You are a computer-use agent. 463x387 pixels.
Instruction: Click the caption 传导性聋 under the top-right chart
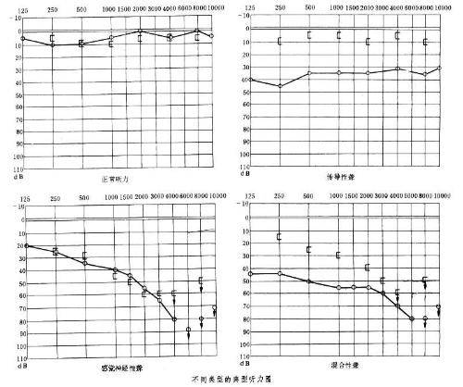point(343,177)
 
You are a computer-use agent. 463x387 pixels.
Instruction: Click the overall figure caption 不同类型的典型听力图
point(229,381)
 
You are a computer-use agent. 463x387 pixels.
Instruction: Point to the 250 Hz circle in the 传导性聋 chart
point(281,86)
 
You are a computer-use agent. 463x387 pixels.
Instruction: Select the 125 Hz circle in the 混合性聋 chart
point(250,274)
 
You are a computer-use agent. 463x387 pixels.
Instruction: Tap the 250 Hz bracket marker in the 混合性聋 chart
point(280,237)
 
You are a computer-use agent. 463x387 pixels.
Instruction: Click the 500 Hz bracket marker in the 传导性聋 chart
point(309,35)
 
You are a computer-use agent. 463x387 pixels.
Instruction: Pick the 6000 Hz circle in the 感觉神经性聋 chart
point(189,330)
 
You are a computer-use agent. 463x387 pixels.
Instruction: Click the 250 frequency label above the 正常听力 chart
point(54,7)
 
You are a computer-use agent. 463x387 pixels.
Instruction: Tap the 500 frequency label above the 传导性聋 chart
point(308,7)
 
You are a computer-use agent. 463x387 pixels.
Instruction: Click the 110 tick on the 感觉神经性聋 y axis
point(17,357)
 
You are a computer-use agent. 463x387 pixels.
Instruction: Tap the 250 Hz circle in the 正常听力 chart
point(54,44)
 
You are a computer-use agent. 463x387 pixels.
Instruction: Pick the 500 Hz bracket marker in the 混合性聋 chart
point(309,249)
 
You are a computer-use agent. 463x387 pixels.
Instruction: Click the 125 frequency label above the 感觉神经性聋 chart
point(25,198)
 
